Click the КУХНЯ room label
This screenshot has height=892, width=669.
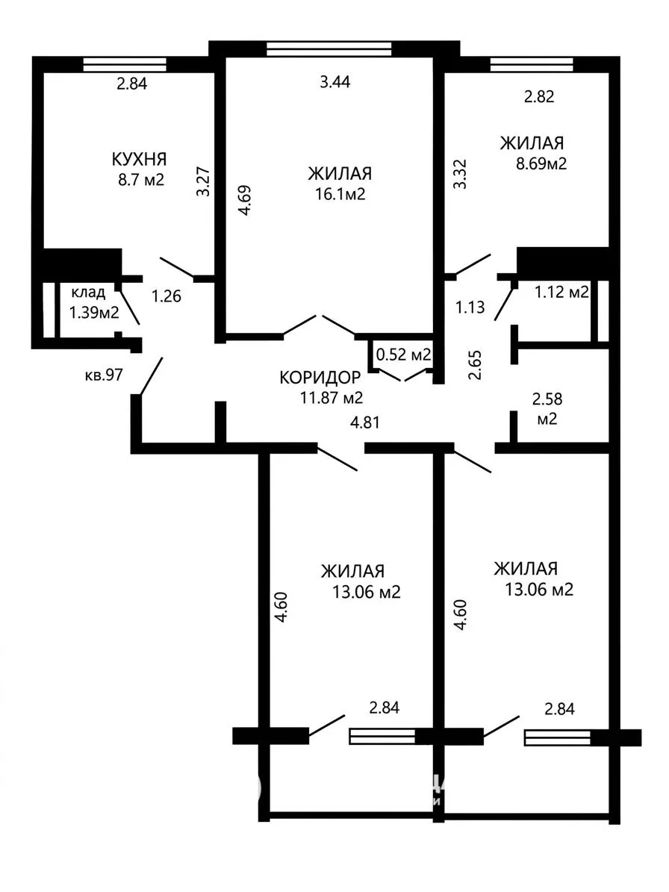(139, 159)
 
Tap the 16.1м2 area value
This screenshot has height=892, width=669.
(340, 195)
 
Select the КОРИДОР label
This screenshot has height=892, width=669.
(320, 377)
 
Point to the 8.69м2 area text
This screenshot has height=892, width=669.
(541, 163)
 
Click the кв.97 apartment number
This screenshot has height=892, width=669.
(104, 374)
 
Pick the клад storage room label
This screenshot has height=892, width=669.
(88, 293)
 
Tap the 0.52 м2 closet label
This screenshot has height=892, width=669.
(403, 355)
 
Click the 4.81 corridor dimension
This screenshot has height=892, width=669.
(364, 422)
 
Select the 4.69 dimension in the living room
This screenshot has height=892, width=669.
(244, 200)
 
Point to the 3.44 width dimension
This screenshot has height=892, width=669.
(335, 82)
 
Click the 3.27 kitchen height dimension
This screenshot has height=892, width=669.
(204, 181)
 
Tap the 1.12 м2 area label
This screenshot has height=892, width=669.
(561, 293)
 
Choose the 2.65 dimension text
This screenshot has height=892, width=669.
(475, 365)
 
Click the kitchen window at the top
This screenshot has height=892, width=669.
(125, 64)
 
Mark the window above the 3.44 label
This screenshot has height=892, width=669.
(329, 49)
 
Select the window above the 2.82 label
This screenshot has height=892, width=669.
(532, 64)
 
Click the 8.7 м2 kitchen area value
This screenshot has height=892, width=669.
(140, 181)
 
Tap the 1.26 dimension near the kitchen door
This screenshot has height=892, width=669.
(166, 296)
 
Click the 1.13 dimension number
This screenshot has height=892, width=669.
(470, 308)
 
